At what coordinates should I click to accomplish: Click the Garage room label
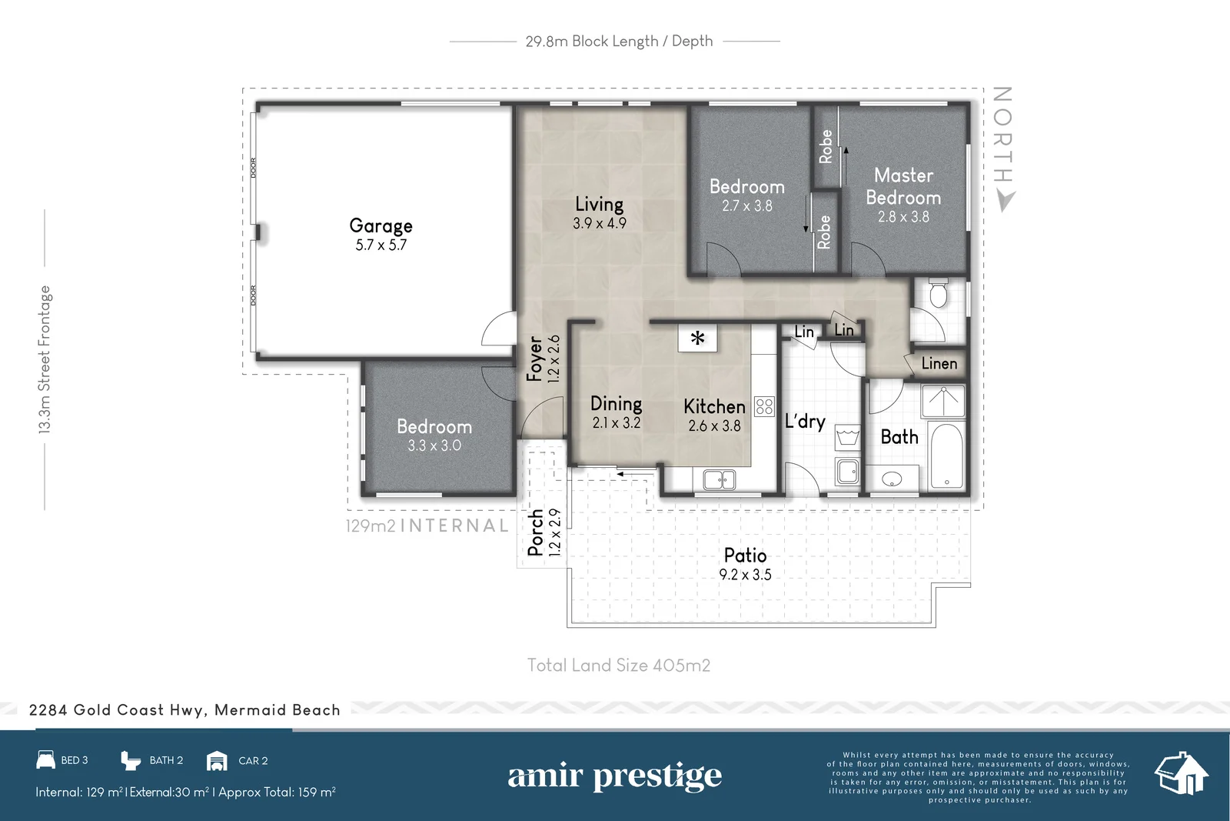coord(381,225)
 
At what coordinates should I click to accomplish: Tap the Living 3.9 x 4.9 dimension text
coord(599,223)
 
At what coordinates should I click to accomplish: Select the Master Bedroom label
coord(903,186)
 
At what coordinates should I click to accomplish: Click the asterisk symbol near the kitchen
coord(697,338)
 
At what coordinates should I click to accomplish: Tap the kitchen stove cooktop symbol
coord(764,406)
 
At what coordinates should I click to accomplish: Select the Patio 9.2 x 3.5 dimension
coord(745,575)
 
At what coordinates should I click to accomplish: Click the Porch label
coord(536,532)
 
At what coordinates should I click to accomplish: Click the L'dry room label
coord(804,422)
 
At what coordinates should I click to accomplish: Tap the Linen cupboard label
coord(939,363)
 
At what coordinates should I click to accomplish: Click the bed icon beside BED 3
coord(46,760)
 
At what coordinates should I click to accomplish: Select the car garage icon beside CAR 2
coord(218,761)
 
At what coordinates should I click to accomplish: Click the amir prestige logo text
coord(614,776)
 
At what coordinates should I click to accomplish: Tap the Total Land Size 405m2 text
coord(619,666)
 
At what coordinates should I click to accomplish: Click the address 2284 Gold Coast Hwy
coord(184,710)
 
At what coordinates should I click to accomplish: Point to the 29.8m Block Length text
coord(619,42)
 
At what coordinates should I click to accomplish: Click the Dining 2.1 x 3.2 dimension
coord(616,423)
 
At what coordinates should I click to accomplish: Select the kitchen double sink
coord(719,480)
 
